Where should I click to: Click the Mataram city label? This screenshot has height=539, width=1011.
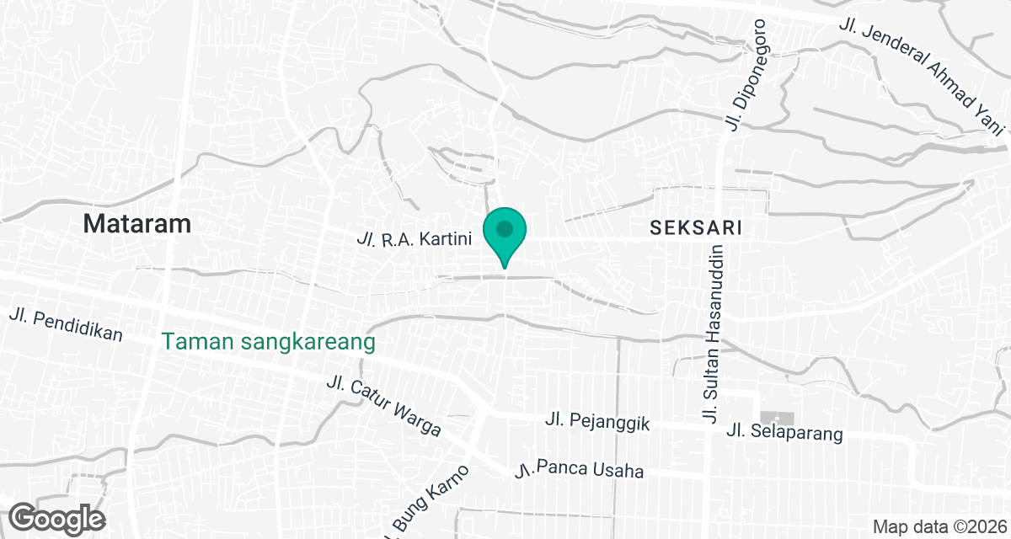pos(137,224)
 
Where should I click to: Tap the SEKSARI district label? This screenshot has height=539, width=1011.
pos(695,227)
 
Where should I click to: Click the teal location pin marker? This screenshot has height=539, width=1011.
pos(505,232)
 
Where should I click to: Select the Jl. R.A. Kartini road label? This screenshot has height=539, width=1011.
pos(414,239)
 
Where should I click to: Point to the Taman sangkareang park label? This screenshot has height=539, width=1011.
pos(268,343)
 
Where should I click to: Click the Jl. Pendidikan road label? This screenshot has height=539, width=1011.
pos(67,325)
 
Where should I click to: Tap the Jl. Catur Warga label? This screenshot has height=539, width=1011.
pos(383,406)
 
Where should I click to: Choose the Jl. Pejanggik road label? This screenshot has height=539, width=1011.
pos(597,421)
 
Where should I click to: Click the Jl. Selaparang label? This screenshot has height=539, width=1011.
pos(784,434)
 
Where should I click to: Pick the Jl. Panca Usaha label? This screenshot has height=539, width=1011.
pos(580,468)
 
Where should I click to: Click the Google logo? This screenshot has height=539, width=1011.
pos(57,518)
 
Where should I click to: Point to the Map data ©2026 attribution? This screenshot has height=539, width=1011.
pos(939,526)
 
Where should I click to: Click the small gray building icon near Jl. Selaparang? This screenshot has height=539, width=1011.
pos(771,418)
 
